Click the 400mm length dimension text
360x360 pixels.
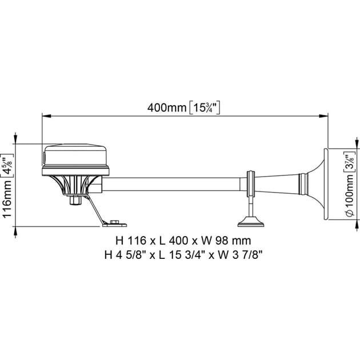[x=166, y=107]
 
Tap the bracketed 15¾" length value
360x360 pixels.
[x=204, y=107]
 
